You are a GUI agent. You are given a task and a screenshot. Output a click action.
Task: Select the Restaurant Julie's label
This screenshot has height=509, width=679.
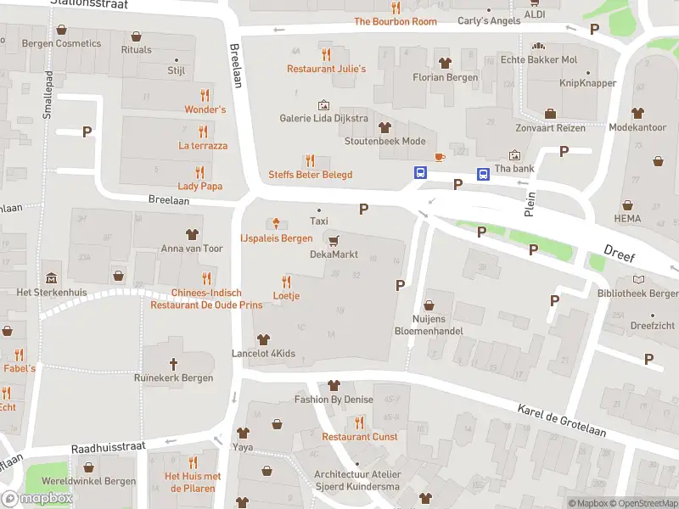tap(326, 69)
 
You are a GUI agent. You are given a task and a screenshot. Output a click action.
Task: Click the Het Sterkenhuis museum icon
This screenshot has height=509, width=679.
tap(52, 277)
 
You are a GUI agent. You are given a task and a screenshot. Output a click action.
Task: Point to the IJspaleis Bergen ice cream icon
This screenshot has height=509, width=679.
tap(276, 224)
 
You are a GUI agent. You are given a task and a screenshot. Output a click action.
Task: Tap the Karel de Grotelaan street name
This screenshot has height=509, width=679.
tap(562, 421)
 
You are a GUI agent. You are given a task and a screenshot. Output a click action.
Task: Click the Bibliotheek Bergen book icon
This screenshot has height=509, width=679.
tap(638, 279)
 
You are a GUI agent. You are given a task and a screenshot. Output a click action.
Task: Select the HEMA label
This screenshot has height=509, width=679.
tap(627, 219)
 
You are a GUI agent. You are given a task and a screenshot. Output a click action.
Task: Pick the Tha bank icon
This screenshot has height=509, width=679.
tap(514, 155)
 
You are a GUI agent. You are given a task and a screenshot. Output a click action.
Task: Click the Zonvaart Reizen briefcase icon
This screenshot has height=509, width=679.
tap(550, 114)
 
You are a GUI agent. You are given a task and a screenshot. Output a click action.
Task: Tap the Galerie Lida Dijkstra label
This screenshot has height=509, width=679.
tap(324, 118)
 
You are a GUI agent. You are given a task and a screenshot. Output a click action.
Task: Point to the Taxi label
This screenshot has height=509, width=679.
tap(319, 221)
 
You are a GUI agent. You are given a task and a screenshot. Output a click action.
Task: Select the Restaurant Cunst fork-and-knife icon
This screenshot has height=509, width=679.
tap(359, 422)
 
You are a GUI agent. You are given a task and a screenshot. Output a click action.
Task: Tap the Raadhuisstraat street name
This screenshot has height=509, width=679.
tap(109, 446)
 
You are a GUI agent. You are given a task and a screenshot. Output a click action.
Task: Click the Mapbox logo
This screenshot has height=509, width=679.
tap(37, 499)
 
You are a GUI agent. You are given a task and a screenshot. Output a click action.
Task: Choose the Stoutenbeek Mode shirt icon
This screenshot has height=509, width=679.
tap(384, 127)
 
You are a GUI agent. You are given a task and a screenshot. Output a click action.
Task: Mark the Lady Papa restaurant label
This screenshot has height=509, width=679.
tap(199, 186)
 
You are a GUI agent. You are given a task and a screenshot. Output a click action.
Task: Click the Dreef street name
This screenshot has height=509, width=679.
tap(620, 251)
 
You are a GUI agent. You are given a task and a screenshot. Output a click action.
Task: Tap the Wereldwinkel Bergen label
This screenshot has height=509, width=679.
tap(89, 481)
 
